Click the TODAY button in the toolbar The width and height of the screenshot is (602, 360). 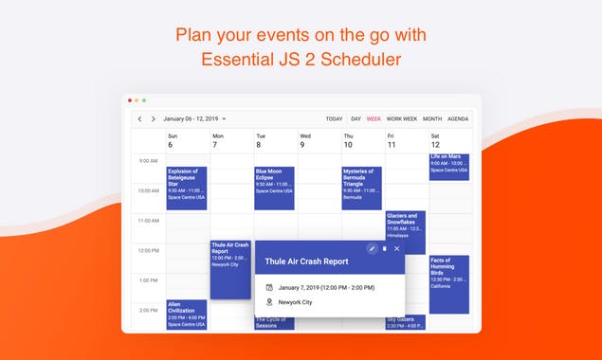(x=334, y=119)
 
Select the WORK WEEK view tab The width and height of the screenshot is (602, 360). (x=402, y=119)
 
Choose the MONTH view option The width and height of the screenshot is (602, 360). (x=432, y=119)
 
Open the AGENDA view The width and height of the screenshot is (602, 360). (x=458, y=119)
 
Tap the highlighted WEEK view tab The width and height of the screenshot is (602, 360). (x=374, y=119)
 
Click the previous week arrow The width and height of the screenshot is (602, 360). (x=139, y=119)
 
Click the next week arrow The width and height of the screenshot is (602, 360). (x=153, y=119)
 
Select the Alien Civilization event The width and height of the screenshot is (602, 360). (x=187, y=314)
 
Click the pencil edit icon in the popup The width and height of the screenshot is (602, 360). (x=372, y=249)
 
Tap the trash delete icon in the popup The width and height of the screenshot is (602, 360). (x=384, y=249)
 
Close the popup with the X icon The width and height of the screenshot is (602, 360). (x=396, y=249)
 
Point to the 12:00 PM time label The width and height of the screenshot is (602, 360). (x=148, y=250)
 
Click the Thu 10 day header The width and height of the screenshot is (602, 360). (x=347, y=141)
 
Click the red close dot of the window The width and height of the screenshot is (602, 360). (x=128, y=99)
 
